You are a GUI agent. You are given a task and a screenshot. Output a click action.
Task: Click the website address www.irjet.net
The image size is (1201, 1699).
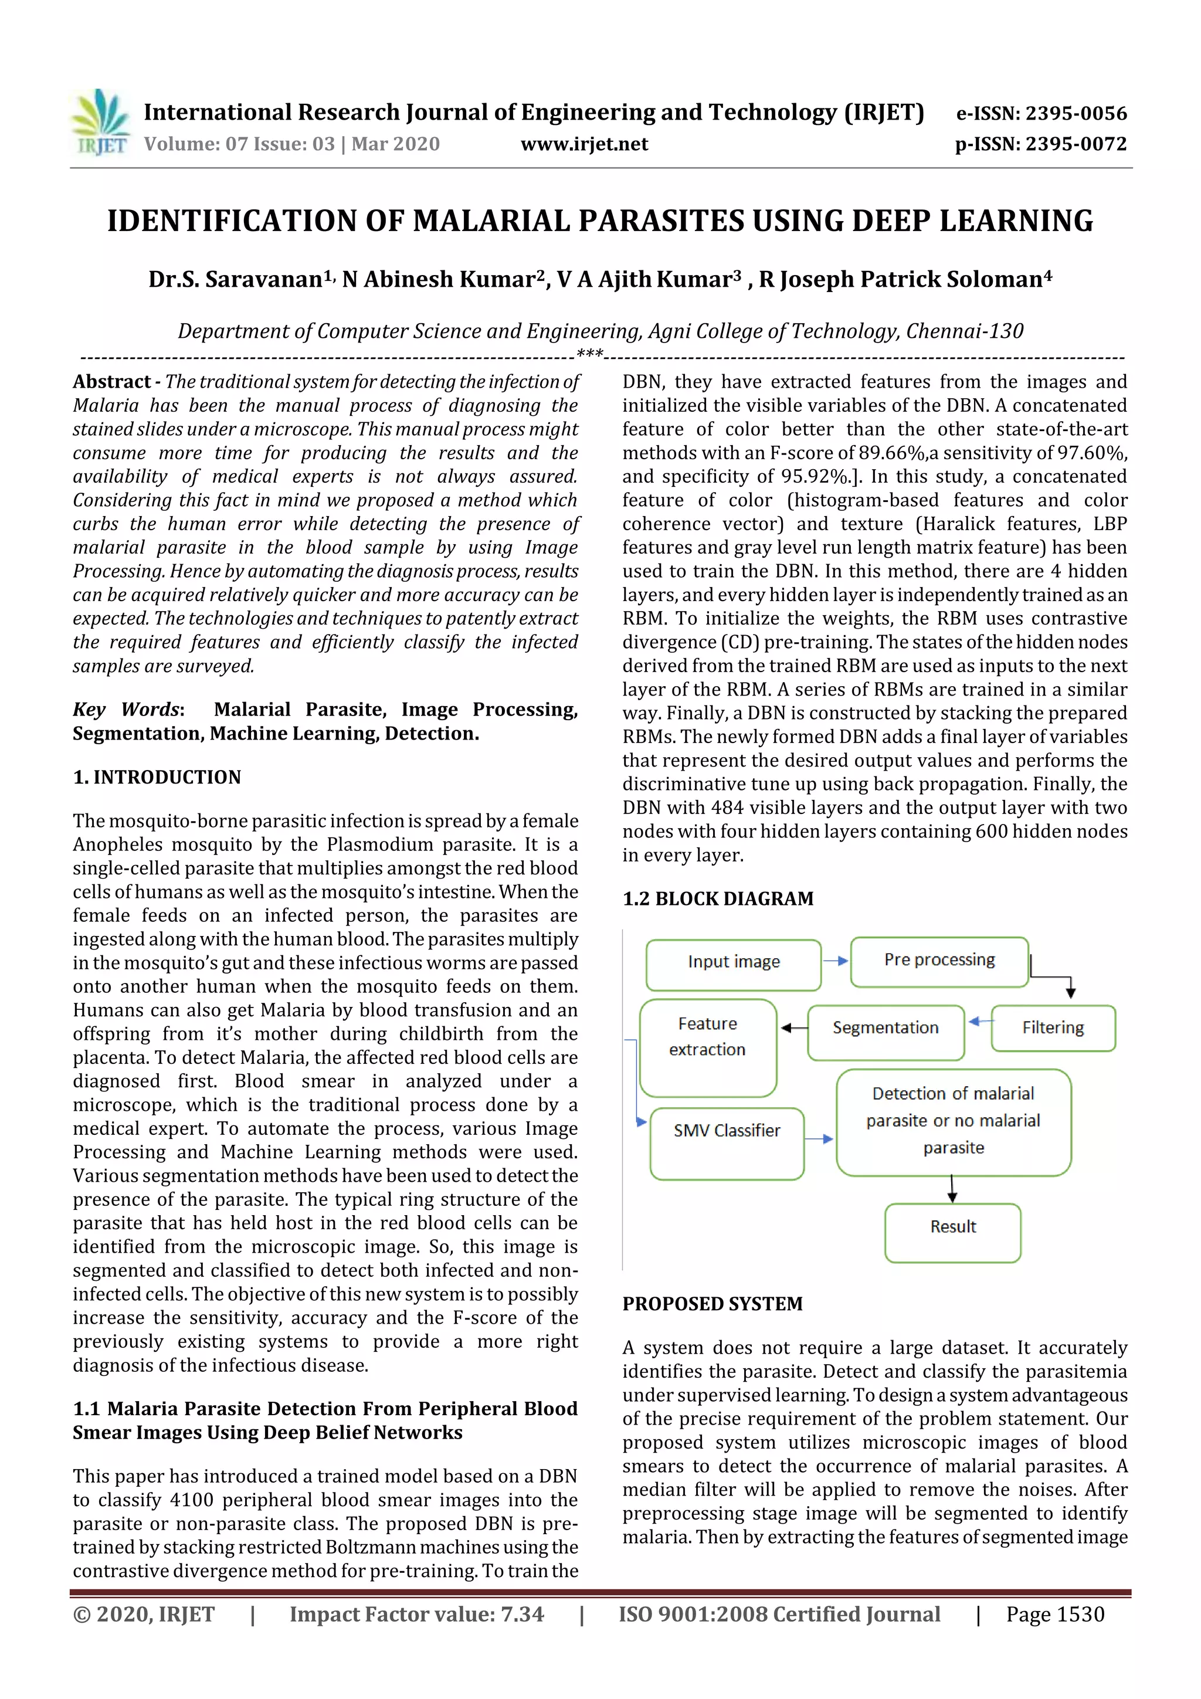(584, 144)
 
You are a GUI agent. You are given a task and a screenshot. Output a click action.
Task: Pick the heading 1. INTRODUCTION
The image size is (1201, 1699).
(157, 777)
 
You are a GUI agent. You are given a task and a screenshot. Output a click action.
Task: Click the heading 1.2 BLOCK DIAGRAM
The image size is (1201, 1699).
(717, 898)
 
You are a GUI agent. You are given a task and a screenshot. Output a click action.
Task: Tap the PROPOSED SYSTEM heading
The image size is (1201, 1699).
(712, 1304)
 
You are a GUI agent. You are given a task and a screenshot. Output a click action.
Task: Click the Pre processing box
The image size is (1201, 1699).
(939, 961)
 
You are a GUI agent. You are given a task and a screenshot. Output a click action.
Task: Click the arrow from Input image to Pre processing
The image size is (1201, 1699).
(836, 961)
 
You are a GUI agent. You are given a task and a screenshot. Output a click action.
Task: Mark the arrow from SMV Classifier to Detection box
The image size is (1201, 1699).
(819, 1139)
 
